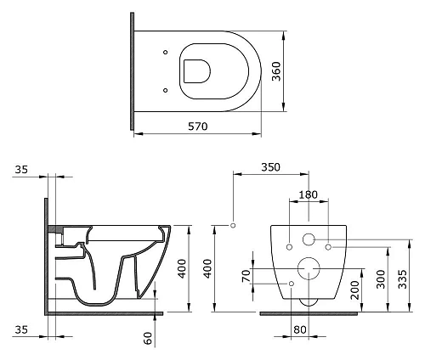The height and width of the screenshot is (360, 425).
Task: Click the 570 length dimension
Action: pyautogui.click(x=198, y=126)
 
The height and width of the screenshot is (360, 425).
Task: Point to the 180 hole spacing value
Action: pyautogui.click(x=309, y=194)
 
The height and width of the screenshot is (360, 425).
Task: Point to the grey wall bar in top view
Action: pyautogui.click(x=133, y=71)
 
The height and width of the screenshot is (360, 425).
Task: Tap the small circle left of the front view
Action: pyautogui.click(x=233, y=225)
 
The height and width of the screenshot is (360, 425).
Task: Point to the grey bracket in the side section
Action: pyautogui.click(x=56, y=229)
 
